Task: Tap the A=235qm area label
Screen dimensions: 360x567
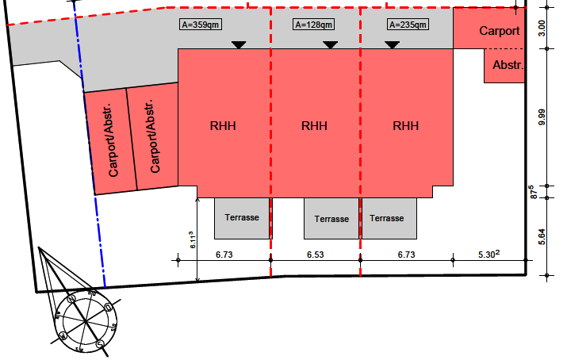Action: pos(408,25)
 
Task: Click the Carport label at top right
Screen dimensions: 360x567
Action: pos(500,32)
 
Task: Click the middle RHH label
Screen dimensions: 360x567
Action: pos(315,125)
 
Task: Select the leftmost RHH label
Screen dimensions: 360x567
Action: pos(224,125)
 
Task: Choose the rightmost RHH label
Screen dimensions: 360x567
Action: pos(406,125)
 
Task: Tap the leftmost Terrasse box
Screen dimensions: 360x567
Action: pos(243,217)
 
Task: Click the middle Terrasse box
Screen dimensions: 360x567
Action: pos(331,218)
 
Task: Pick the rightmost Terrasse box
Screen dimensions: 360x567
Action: pos(389,218)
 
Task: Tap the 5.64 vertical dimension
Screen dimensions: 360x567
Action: pos(542,236)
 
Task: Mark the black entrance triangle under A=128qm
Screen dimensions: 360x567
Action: pos(331,44)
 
